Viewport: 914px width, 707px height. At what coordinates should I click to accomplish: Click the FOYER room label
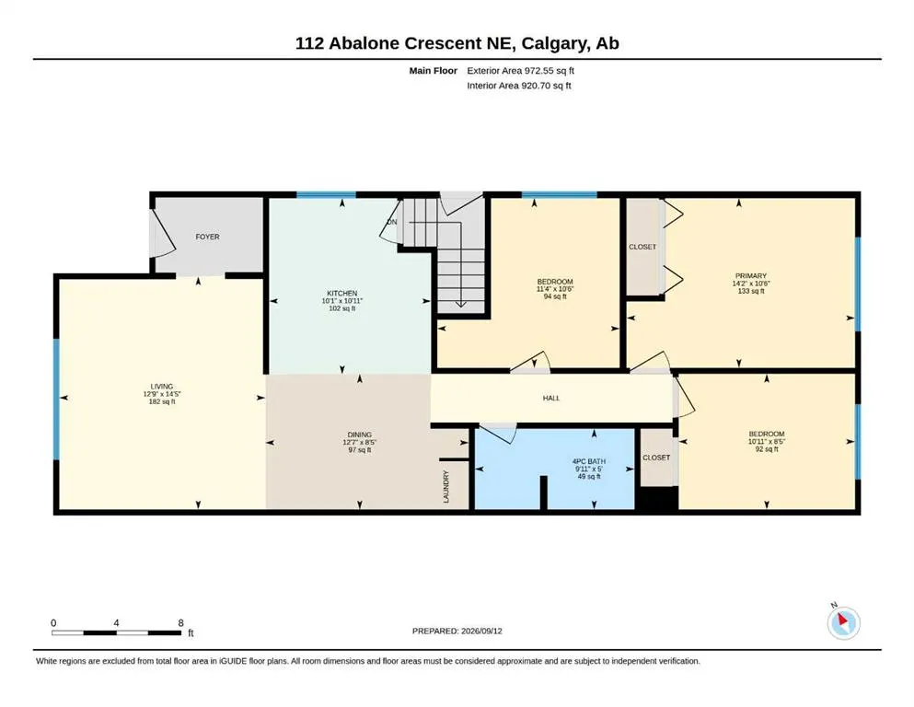coord(207,237)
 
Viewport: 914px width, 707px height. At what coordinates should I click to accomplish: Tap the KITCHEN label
coord(342,293)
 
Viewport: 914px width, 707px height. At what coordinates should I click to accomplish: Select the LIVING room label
coord(162,387)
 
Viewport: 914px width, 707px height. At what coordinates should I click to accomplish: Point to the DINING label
coord(360,435)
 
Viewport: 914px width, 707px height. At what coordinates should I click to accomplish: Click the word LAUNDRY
coord(446,487)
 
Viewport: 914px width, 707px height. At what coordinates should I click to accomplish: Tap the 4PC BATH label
coord(589,461)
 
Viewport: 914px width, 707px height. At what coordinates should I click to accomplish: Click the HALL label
coord(551,398)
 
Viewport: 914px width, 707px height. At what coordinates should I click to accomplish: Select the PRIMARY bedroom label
coord(751,275)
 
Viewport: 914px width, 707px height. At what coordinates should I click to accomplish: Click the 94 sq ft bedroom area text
coord(555,296)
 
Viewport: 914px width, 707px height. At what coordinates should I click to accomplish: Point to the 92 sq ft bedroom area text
coord(767,449)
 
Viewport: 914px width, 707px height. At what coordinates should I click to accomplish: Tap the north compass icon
coord(843,622)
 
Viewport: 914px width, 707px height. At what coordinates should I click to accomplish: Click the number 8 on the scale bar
coord(180,623)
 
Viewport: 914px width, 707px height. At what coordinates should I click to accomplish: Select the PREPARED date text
coord(457,631)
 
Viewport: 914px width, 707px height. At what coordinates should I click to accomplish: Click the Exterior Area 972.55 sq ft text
coord(521,71)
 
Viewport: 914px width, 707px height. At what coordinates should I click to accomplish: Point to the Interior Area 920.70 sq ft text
coord(519,86)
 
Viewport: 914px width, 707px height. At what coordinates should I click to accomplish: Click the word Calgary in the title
coord(554,43)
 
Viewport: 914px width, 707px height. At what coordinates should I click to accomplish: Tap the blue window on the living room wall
coord(56,400)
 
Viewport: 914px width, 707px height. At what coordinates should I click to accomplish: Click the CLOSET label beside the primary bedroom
coord(642,247)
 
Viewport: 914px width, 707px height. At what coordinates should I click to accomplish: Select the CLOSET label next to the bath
coord(656,458)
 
